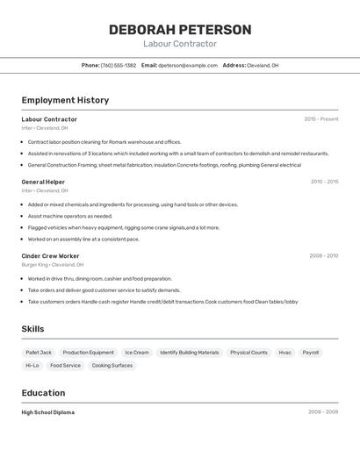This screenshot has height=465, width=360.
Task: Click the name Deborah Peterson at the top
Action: tap(180, 30)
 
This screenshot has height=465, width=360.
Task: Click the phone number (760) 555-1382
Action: tap(119, 65)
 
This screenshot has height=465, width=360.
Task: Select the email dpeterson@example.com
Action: tap(188, 65)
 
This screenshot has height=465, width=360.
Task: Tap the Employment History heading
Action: tap(65, 100)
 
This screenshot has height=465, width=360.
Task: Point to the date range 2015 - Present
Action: tap(320, 119)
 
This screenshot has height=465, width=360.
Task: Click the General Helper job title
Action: tap(43, 182)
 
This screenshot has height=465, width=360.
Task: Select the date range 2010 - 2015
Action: tap(324, 182)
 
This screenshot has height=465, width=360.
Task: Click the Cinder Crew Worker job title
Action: tap(50, 256)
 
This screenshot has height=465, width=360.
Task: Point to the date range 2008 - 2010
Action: tap(323, 256)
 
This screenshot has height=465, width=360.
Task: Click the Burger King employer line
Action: tap(52, 264)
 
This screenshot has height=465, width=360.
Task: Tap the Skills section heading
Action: tap(33, 329)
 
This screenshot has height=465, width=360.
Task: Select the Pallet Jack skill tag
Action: tap(39, 353)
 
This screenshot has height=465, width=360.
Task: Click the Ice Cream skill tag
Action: tap(136, 353)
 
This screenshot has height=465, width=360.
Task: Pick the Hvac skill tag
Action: tap(284, 353)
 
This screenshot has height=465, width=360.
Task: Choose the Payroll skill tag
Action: tap(311, 353)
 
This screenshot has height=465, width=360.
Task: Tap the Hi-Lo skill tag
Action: tap(32, 365)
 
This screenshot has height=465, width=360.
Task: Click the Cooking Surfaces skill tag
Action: tap(112, 365)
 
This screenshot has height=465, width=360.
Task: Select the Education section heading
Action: tap(43, 393)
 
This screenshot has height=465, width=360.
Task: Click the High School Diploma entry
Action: tap(47, 412)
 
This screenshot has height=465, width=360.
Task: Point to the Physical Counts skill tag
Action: tap(248, 353)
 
